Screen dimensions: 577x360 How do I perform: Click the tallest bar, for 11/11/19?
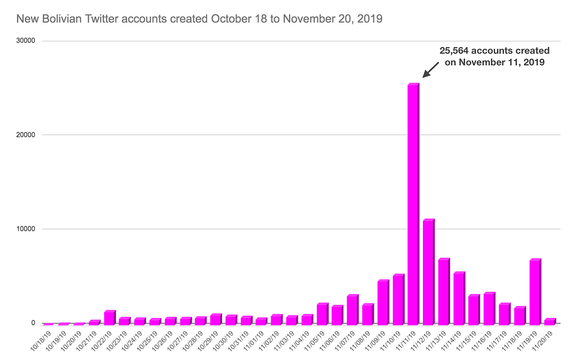pos(414,204)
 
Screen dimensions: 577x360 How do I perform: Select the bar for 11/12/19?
pos(429,272)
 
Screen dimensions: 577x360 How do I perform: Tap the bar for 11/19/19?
pos(535,292)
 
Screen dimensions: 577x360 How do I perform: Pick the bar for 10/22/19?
pos(110,318)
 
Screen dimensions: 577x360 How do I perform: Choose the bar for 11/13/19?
pos(444,291)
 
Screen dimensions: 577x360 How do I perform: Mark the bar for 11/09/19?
pos(383,302)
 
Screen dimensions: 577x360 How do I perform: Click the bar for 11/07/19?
pos(353,310)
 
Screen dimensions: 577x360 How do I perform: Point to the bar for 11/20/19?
pos(550,322)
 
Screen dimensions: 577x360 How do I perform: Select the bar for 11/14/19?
pos(459,298)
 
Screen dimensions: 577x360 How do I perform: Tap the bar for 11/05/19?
pos(323,314)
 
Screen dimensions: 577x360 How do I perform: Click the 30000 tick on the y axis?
pos(26,41)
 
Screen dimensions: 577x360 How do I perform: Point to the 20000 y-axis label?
pos(26,135)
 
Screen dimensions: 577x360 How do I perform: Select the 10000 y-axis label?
pos(26,229)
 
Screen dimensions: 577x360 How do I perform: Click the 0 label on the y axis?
pos(33,323)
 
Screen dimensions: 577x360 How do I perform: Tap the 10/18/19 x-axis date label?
pos(42,341)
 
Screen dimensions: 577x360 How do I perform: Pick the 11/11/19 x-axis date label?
pos(407,341)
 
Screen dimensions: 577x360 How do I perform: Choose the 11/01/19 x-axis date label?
pos(254,341)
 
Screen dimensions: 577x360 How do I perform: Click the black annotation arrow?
pos(430,70)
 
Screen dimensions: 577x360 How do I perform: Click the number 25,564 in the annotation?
pos(454,51)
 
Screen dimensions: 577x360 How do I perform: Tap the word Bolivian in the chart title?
pos(62,19)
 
